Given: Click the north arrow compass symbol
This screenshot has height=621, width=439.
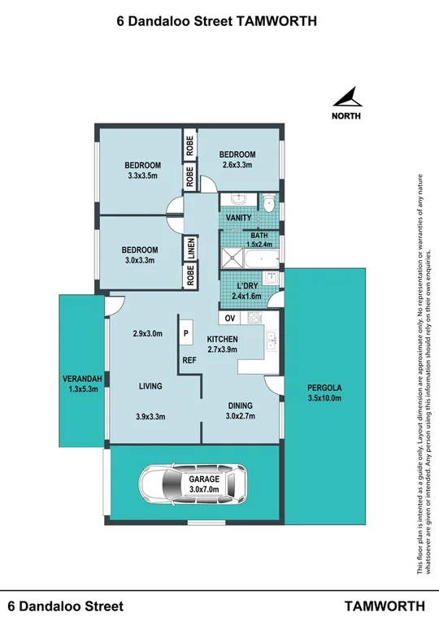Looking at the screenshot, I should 348,98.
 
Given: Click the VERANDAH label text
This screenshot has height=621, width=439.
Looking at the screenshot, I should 82,379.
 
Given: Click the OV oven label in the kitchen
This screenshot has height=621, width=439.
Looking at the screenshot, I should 230,318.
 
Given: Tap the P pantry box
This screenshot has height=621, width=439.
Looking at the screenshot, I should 185,333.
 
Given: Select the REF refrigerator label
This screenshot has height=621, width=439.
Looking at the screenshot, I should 189,358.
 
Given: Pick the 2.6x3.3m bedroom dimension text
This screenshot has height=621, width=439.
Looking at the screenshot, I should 237,165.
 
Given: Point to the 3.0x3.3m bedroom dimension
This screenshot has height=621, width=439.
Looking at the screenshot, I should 139,261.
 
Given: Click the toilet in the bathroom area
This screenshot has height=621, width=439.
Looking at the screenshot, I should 269,202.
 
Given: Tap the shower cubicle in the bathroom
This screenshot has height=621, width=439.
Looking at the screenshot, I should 233,260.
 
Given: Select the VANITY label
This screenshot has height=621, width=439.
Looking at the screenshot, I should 238,218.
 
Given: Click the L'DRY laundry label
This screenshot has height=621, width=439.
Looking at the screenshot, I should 246,285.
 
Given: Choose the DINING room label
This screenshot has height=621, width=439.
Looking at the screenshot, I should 240,406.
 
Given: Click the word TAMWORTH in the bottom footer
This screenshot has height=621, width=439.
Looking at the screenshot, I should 385,606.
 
